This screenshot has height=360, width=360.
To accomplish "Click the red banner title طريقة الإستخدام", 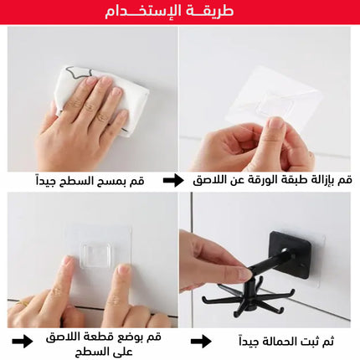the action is (169, 11).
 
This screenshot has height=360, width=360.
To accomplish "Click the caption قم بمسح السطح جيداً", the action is (90, 181).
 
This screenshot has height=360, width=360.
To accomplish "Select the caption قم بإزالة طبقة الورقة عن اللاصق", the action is (272, 180).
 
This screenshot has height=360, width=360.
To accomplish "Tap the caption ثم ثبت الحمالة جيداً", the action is (286, 342).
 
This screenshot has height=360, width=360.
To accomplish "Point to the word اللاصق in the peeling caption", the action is (208, 180).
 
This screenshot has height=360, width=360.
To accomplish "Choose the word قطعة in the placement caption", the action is (107, 337).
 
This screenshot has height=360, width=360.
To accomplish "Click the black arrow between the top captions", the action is (173, 180).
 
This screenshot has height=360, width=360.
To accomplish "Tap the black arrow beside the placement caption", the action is (23, 341).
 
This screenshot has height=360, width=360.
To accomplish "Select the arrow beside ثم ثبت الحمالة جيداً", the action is (201, 342).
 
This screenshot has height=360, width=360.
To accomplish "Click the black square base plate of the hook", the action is (291, 255).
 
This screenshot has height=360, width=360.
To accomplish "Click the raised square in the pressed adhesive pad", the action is (95, 255).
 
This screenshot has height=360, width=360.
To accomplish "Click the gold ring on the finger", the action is (20, 303).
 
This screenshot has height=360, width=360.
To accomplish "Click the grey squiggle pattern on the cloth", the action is (79, 73).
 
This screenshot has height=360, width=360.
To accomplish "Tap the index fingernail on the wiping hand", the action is (90, 81).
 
